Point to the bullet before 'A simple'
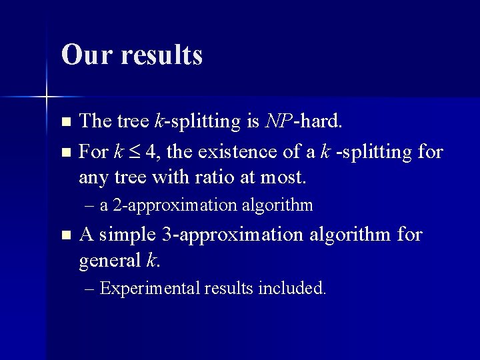point(65,235)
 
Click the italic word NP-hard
point(303,121)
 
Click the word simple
point(129,235)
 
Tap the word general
point(108,261)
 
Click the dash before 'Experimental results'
point(90,289)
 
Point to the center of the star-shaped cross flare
point(47,97)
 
